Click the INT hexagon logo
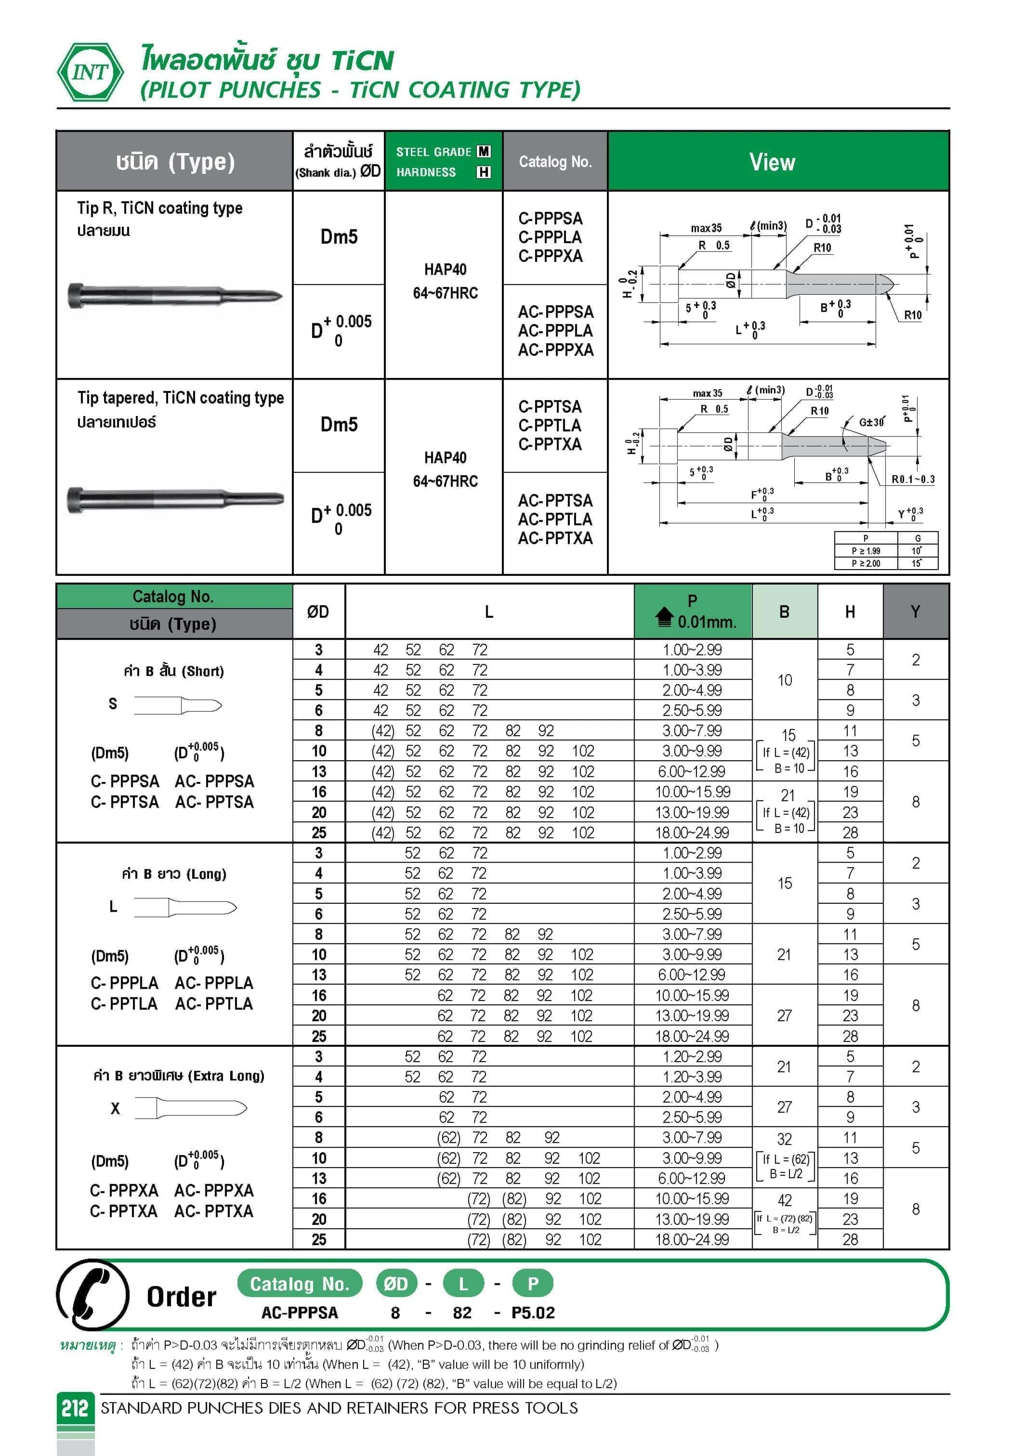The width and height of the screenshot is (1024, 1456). pos(90,72)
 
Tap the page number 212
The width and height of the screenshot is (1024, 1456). pos(75,1408)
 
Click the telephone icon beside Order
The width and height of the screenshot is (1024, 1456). pos(92,1295)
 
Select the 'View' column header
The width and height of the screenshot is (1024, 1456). pos(772,162)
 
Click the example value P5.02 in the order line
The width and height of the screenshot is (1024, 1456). pos(533,1313)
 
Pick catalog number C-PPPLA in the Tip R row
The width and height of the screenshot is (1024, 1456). pos(550,237)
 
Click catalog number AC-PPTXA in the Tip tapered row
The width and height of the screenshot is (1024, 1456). pos(555,538)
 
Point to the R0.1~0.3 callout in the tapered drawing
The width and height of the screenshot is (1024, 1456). pos(912,480)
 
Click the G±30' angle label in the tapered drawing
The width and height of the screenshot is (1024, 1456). pos(871,422)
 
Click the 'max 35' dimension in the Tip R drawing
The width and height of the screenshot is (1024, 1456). pos(706,228)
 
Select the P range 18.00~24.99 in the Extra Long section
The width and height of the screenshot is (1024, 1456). pos(692,1239)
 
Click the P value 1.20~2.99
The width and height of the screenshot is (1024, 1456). pos(692,1056)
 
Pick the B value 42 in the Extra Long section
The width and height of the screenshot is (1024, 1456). pos(785,1200)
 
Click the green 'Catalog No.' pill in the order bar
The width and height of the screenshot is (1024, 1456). pos(300,1284)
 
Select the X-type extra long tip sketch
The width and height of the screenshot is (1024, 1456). pos(191,1108)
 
